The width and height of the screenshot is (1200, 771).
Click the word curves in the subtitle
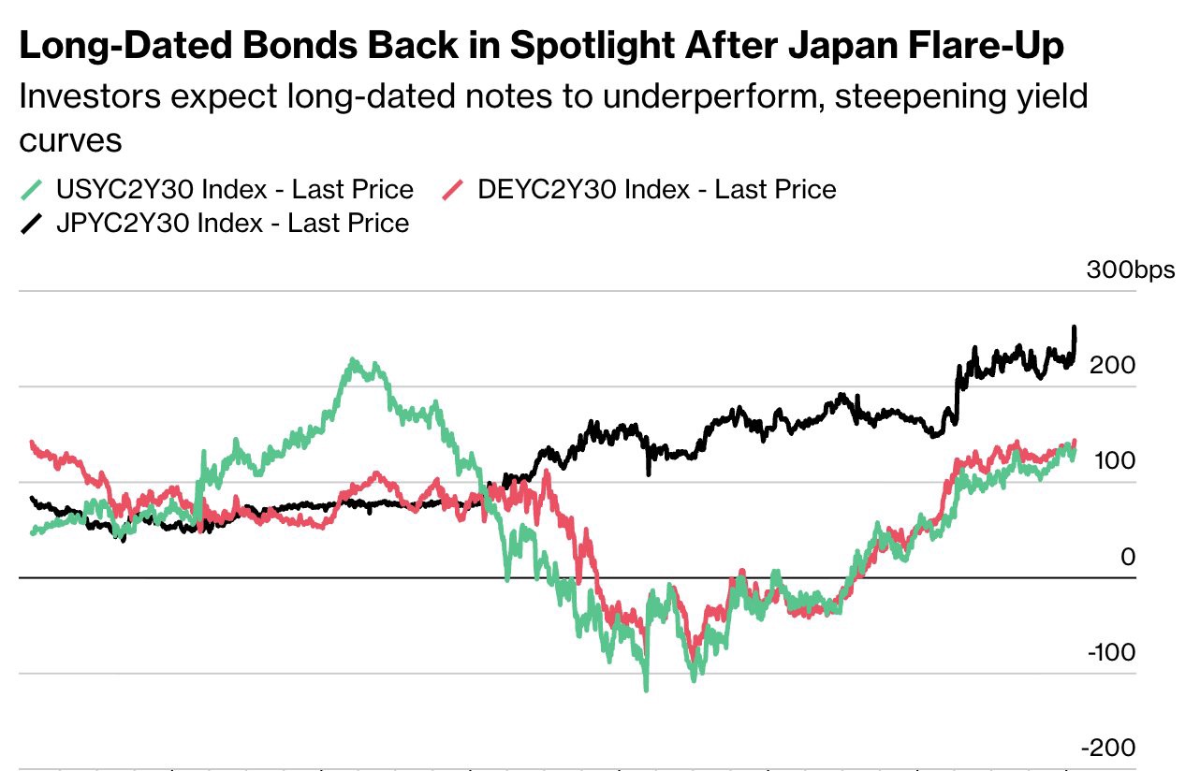pos(71,140)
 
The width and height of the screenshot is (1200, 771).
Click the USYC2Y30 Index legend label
pos(234,190)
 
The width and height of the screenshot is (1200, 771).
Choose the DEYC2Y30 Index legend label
pos(656,190)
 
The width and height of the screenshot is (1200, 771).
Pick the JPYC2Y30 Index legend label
pos(232,223)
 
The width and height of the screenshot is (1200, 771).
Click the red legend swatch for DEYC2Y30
pos(453,190)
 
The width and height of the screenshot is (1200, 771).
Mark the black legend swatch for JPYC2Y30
pos(32,223)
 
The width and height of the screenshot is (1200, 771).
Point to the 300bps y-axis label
pos(1130,270)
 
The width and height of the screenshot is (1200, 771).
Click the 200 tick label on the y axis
pos(1112,365)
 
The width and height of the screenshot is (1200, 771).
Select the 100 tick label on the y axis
pos(1112,461)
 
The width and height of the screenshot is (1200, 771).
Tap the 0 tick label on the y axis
pos(1127,558)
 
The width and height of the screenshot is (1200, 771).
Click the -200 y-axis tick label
pos(1108,749)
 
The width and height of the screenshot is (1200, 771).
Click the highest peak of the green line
pos(353,360)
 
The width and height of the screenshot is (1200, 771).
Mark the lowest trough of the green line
pos(646,689)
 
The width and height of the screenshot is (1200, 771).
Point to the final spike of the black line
pos(1074,328)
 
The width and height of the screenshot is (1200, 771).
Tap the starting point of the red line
pos(33,443)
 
